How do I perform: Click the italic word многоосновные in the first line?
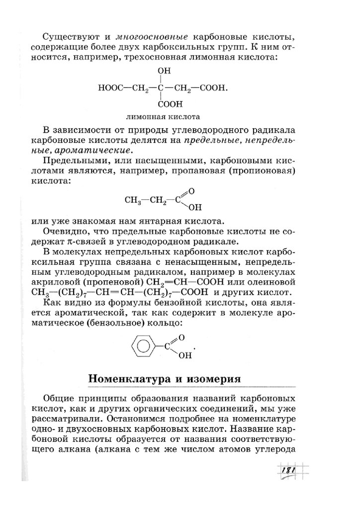(151, 37)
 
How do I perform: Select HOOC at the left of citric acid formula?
(109, 88)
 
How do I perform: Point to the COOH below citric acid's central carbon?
(171, 104)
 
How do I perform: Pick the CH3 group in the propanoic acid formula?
(132, 201)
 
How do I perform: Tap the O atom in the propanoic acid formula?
(191, 191)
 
